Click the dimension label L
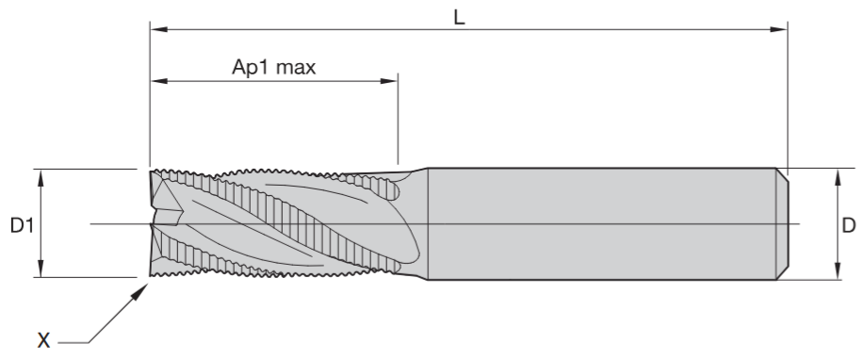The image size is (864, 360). point(459,18)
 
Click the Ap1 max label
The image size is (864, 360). point(274,67)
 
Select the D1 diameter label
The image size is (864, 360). point(22,225)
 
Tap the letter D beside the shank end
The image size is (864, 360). point(849,225)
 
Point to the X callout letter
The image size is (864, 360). point(43,340)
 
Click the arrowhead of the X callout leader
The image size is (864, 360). point(140,291)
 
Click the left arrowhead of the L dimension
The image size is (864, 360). point(158,29)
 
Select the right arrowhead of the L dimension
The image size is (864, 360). point(778,29)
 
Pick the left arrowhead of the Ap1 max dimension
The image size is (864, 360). point(159,81)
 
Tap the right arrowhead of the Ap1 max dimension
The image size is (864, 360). point(388,81)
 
